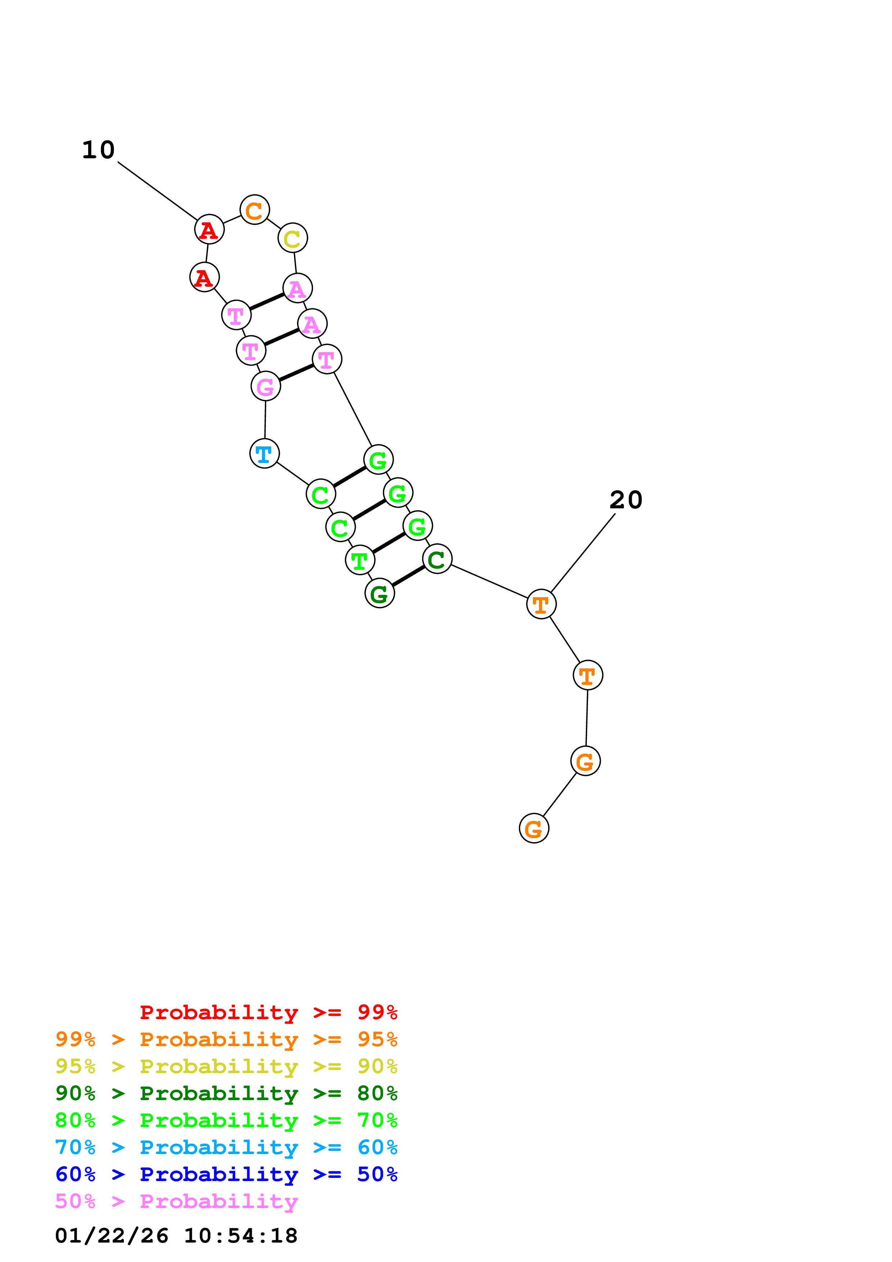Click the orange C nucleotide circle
(x=254, y=210)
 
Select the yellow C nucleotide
(x=293, y=238)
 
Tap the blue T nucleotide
(x=264, y=453)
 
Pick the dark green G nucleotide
(x=379, y=593)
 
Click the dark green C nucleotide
(x=437, y=559)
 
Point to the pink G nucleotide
(x=266, y=386)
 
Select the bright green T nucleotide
(x=359, y=560)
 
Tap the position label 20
(x=625, y=500)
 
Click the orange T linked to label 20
(x=541, y=604)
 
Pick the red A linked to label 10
(x=209, y=229)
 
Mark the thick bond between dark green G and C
(x=408, y=576)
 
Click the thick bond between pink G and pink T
(x=296, y=373)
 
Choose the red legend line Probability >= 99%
(x=268, y=1012)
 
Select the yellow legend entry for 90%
(x=226, y=1066)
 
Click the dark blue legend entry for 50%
(x=226, y=1174)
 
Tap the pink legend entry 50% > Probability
(x=176, y=1201)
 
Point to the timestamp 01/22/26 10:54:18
(x=176, y=1236)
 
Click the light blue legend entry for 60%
(x=226, y=1147)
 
